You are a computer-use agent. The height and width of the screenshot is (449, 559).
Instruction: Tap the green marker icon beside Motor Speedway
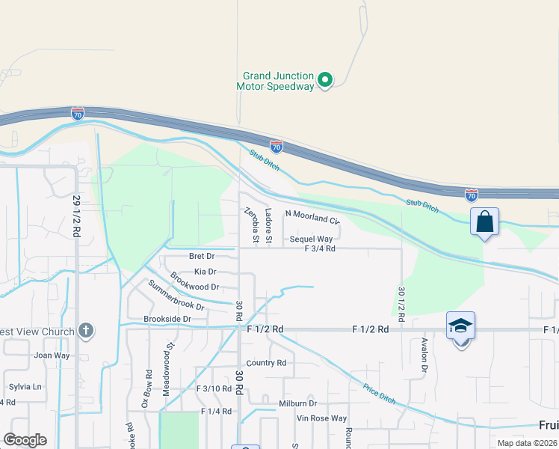point(325,79)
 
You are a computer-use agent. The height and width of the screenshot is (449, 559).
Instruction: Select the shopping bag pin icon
point(484,222)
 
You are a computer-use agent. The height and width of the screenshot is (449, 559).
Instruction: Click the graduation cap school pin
point(460,326)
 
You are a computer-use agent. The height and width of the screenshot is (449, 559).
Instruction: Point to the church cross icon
point(86,330)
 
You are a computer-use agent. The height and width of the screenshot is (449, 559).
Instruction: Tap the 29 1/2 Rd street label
point(76,216)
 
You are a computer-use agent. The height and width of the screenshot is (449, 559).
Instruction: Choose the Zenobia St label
point(255,225)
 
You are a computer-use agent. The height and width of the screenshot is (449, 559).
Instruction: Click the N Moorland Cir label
point(312,220)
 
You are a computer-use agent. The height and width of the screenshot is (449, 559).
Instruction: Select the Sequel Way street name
point(311,239)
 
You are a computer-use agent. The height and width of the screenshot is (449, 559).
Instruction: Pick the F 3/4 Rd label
point(320,248)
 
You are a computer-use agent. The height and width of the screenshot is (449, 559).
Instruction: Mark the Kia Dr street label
point(205,272)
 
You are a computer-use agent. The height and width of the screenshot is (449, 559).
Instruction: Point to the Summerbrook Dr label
point(176,295)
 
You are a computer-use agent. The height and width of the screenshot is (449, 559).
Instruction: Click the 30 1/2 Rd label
point(402,304)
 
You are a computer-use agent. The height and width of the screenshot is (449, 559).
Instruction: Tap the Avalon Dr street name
point(423,355)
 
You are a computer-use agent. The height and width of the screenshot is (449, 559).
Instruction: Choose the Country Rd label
point(266,363)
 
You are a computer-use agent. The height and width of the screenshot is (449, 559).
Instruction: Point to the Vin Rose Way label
point(321,418)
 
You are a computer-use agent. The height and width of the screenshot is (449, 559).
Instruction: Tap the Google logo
point(25,440)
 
